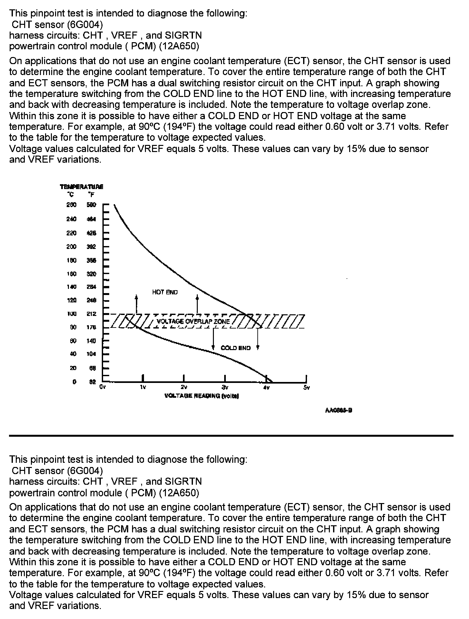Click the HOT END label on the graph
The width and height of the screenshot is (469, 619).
pos(165,292)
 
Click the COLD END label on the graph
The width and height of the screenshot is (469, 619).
pos(235,348)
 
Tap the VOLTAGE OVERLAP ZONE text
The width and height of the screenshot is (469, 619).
pos(193,321)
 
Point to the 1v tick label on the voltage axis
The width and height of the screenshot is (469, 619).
pos(143,387)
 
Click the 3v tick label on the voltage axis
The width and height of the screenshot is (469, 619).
pos(225,387)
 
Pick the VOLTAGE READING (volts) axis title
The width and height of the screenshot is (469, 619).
pos(201,396)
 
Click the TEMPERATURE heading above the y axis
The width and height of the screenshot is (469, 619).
pos(81,187)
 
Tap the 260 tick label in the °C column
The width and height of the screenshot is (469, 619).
pos(72,205)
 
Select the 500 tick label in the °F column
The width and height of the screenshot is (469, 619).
pos(91,205)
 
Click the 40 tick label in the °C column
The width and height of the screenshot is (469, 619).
pos(73,354)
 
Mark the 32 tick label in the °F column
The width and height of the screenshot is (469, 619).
pos(92,382)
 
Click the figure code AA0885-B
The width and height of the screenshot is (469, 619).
pos(338,410)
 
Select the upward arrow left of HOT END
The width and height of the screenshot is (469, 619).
pos(137,303)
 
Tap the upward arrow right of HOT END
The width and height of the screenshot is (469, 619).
pos(197,303)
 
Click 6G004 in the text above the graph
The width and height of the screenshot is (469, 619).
pos(85,24)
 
